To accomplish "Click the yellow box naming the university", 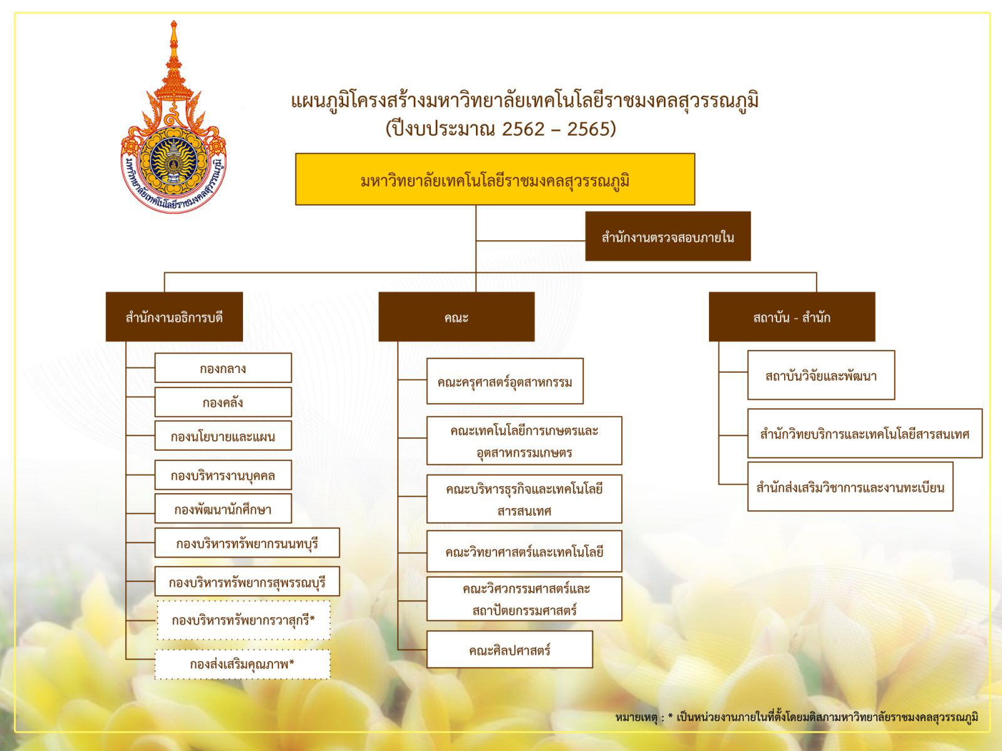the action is (x=495, y=179).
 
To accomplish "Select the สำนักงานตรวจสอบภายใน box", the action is (x=668, y=236).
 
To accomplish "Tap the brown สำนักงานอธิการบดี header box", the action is (x=174, y=317).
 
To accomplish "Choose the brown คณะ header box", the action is (x=456, y=317).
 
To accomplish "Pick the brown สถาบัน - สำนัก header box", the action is (x=792, y=317).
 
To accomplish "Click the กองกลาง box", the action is (x=223, y=367).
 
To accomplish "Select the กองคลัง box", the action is (x=223, y=402).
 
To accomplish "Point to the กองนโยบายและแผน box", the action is (x=223, y=436).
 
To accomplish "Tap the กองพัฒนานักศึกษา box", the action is (x=223, y=508).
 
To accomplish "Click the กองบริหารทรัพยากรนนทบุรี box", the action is (x=247, y=543).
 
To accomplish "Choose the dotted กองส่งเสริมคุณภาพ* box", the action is (x=242, y=665).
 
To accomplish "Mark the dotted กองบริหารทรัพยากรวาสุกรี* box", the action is (x=244, y=620).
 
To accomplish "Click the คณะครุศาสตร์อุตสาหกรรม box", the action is (x=505, y=381).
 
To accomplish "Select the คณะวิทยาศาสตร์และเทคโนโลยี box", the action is (x=524, y=551).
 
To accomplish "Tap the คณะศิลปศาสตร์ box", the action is (x=509, y=650).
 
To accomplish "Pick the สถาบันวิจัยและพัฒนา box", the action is (x=821, y=375).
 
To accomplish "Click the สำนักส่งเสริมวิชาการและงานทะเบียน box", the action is (x=850, y=486).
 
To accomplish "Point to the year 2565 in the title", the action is (x=592, y=129).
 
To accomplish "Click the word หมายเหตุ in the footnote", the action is (x=636, y=717).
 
